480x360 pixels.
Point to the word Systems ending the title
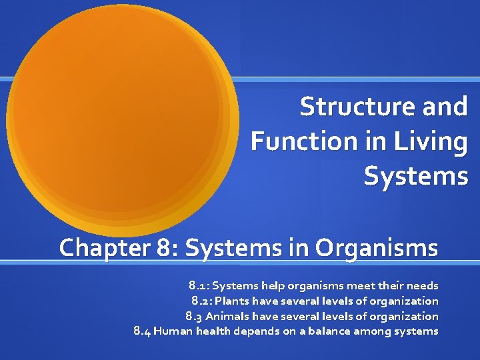(416, 176)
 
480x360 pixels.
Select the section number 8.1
(198, 286)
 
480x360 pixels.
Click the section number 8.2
(201, 301)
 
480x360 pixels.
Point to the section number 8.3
(195, 316)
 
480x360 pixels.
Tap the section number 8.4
(142, 331)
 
